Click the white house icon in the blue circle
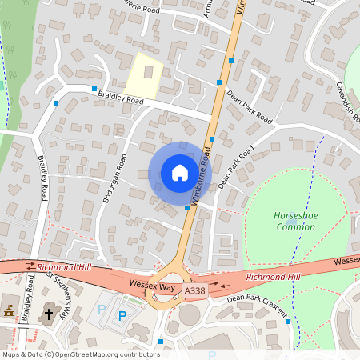179,172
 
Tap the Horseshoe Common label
294,221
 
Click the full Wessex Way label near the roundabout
151,284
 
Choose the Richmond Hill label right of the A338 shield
273,277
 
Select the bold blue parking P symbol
122,316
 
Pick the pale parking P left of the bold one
101,309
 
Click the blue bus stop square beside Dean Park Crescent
287,322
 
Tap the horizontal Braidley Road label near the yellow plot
120,101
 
